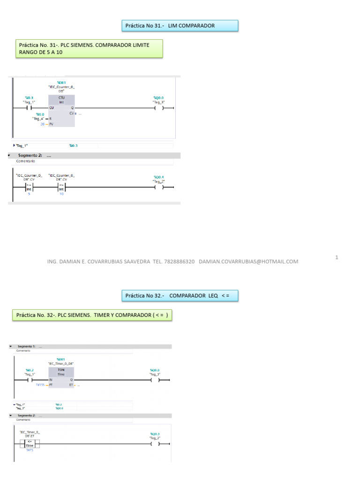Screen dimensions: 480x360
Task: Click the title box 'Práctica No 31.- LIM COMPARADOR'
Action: coord(180,26)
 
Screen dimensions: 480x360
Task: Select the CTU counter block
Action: coord(61,111)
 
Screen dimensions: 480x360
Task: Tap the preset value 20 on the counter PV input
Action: coord(42,124)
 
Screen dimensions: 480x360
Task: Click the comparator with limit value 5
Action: coord(29,187)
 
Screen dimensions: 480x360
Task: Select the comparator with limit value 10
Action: coord(61,187)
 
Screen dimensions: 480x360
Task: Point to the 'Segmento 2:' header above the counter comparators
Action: coord(30,156)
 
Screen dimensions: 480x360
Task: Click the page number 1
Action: coord(337,257)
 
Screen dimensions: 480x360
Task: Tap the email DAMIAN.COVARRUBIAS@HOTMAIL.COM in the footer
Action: coord(248,262)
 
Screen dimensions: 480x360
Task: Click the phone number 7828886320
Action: coord(179,262)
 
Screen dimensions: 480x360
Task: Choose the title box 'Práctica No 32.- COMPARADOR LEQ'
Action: coord(180,296)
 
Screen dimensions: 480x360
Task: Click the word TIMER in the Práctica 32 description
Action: coord(107,315)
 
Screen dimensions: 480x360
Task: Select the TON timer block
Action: coord(61,377)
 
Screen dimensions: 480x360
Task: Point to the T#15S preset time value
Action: coord(40,384)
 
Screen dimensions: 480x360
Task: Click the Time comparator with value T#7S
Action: coord(30,444)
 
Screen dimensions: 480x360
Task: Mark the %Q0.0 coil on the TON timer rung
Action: coord(155,380)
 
